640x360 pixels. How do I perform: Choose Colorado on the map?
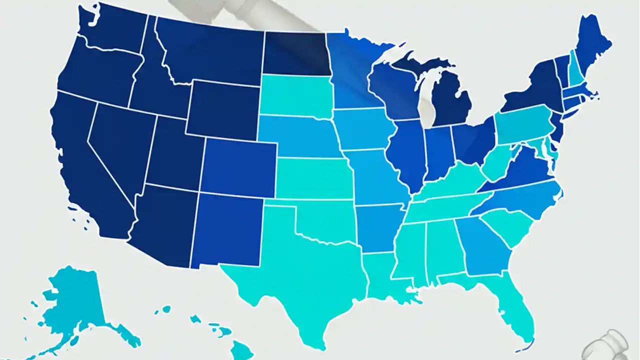click(x=239, y=167)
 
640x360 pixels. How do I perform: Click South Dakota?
click(x=295, y=95)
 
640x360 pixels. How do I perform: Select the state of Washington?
click(x=112, y=27)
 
